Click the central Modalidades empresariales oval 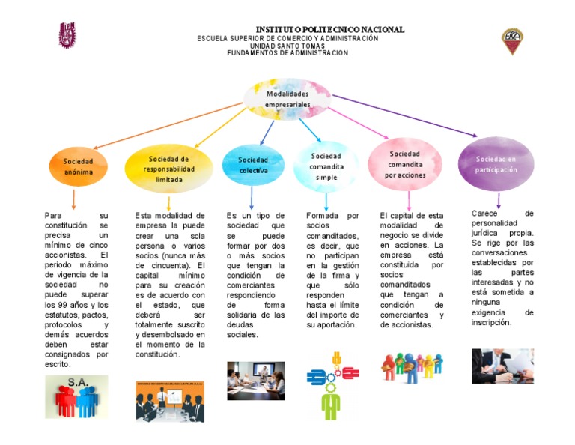click(x=287, y=100)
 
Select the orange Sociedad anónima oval click(x=78, y=166)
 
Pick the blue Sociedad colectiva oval click(x=253, y=165)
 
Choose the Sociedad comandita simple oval click(x=326, y=166)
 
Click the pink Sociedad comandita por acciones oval click(x=405, y=164)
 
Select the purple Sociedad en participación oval click(x=496, y=164)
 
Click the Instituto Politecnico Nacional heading click(x=330, y=29)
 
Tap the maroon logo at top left click(x=67, y=34)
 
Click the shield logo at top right click(x=512, y=40)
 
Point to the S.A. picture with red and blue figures click(x=77, y=396)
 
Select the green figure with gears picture click(x=332, y=384)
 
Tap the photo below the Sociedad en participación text click(x=502, y=366)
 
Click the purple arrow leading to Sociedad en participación click(x=404, y=115)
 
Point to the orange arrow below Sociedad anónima click(x=73, y=199)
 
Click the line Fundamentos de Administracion click(x=287, y=53)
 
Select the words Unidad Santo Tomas click(x=287, y=46)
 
